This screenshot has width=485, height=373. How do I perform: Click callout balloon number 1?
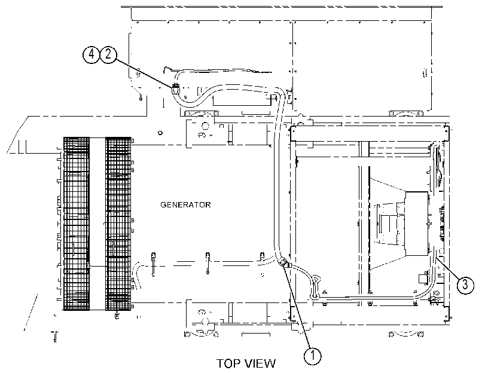(312, 356)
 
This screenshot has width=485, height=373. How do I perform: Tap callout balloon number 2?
(108, 55)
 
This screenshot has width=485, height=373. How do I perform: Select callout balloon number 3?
(465, 285)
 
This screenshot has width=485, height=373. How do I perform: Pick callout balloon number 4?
(91, 55)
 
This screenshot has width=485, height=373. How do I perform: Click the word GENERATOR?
(185, 205)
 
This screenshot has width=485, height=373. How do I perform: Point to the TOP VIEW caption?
(246, 363)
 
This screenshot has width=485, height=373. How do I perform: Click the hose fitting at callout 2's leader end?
(175, 88)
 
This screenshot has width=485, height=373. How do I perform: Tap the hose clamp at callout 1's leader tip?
(283, 264)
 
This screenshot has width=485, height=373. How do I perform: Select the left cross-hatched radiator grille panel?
(77, 224)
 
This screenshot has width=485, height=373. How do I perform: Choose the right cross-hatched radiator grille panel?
(118, 224)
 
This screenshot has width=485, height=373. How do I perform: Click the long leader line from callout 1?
(298, 307)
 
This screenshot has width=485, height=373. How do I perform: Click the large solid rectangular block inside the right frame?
(417, 224)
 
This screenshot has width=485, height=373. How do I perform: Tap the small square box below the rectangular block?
(423, 278)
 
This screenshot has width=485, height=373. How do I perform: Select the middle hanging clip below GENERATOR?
(208, 263)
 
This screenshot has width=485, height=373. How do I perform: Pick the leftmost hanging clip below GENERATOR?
(153, 264)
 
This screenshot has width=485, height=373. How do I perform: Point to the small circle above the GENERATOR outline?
(160, 133)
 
